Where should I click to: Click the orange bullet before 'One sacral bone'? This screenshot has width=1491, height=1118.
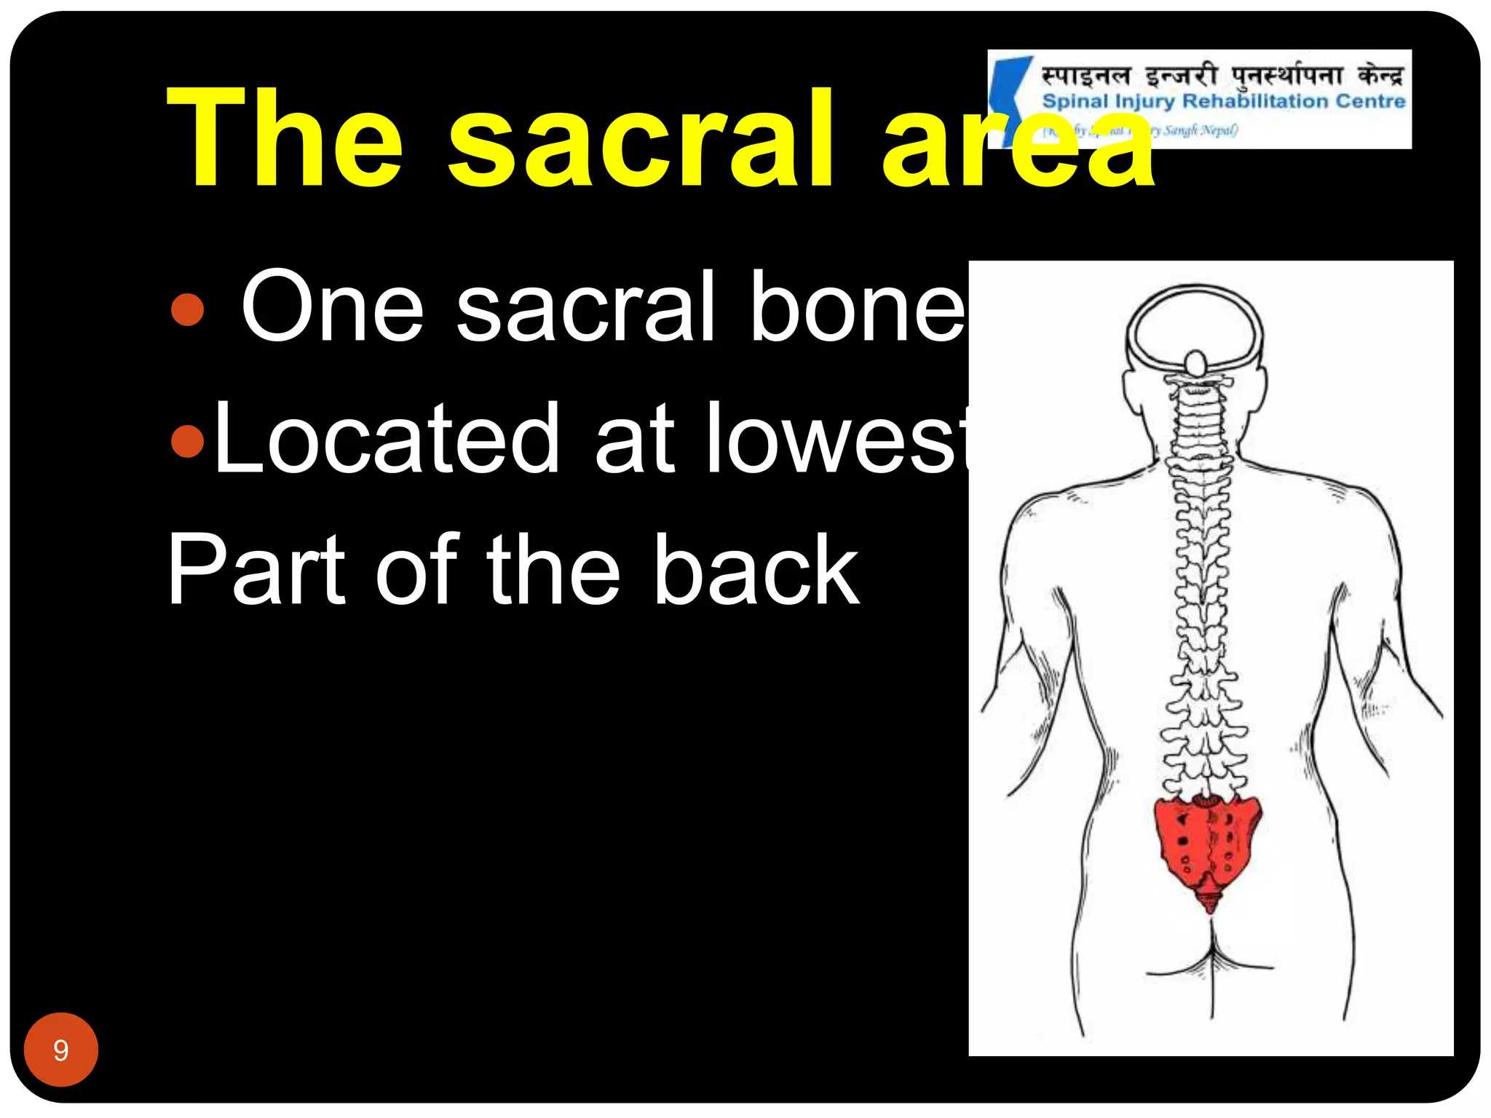click(187, 309)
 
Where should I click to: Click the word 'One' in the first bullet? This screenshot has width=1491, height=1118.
click(332, 306)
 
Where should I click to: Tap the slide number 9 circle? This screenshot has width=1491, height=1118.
click(60, 1050)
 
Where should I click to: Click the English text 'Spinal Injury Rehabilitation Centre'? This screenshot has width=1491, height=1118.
click(1223, 101)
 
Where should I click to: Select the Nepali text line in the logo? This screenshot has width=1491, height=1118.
click(1223, 75)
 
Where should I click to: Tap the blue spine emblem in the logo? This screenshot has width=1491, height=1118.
click(1012, 95)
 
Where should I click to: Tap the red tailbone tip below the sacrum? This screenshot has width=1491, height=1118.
click(1209, 903)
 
